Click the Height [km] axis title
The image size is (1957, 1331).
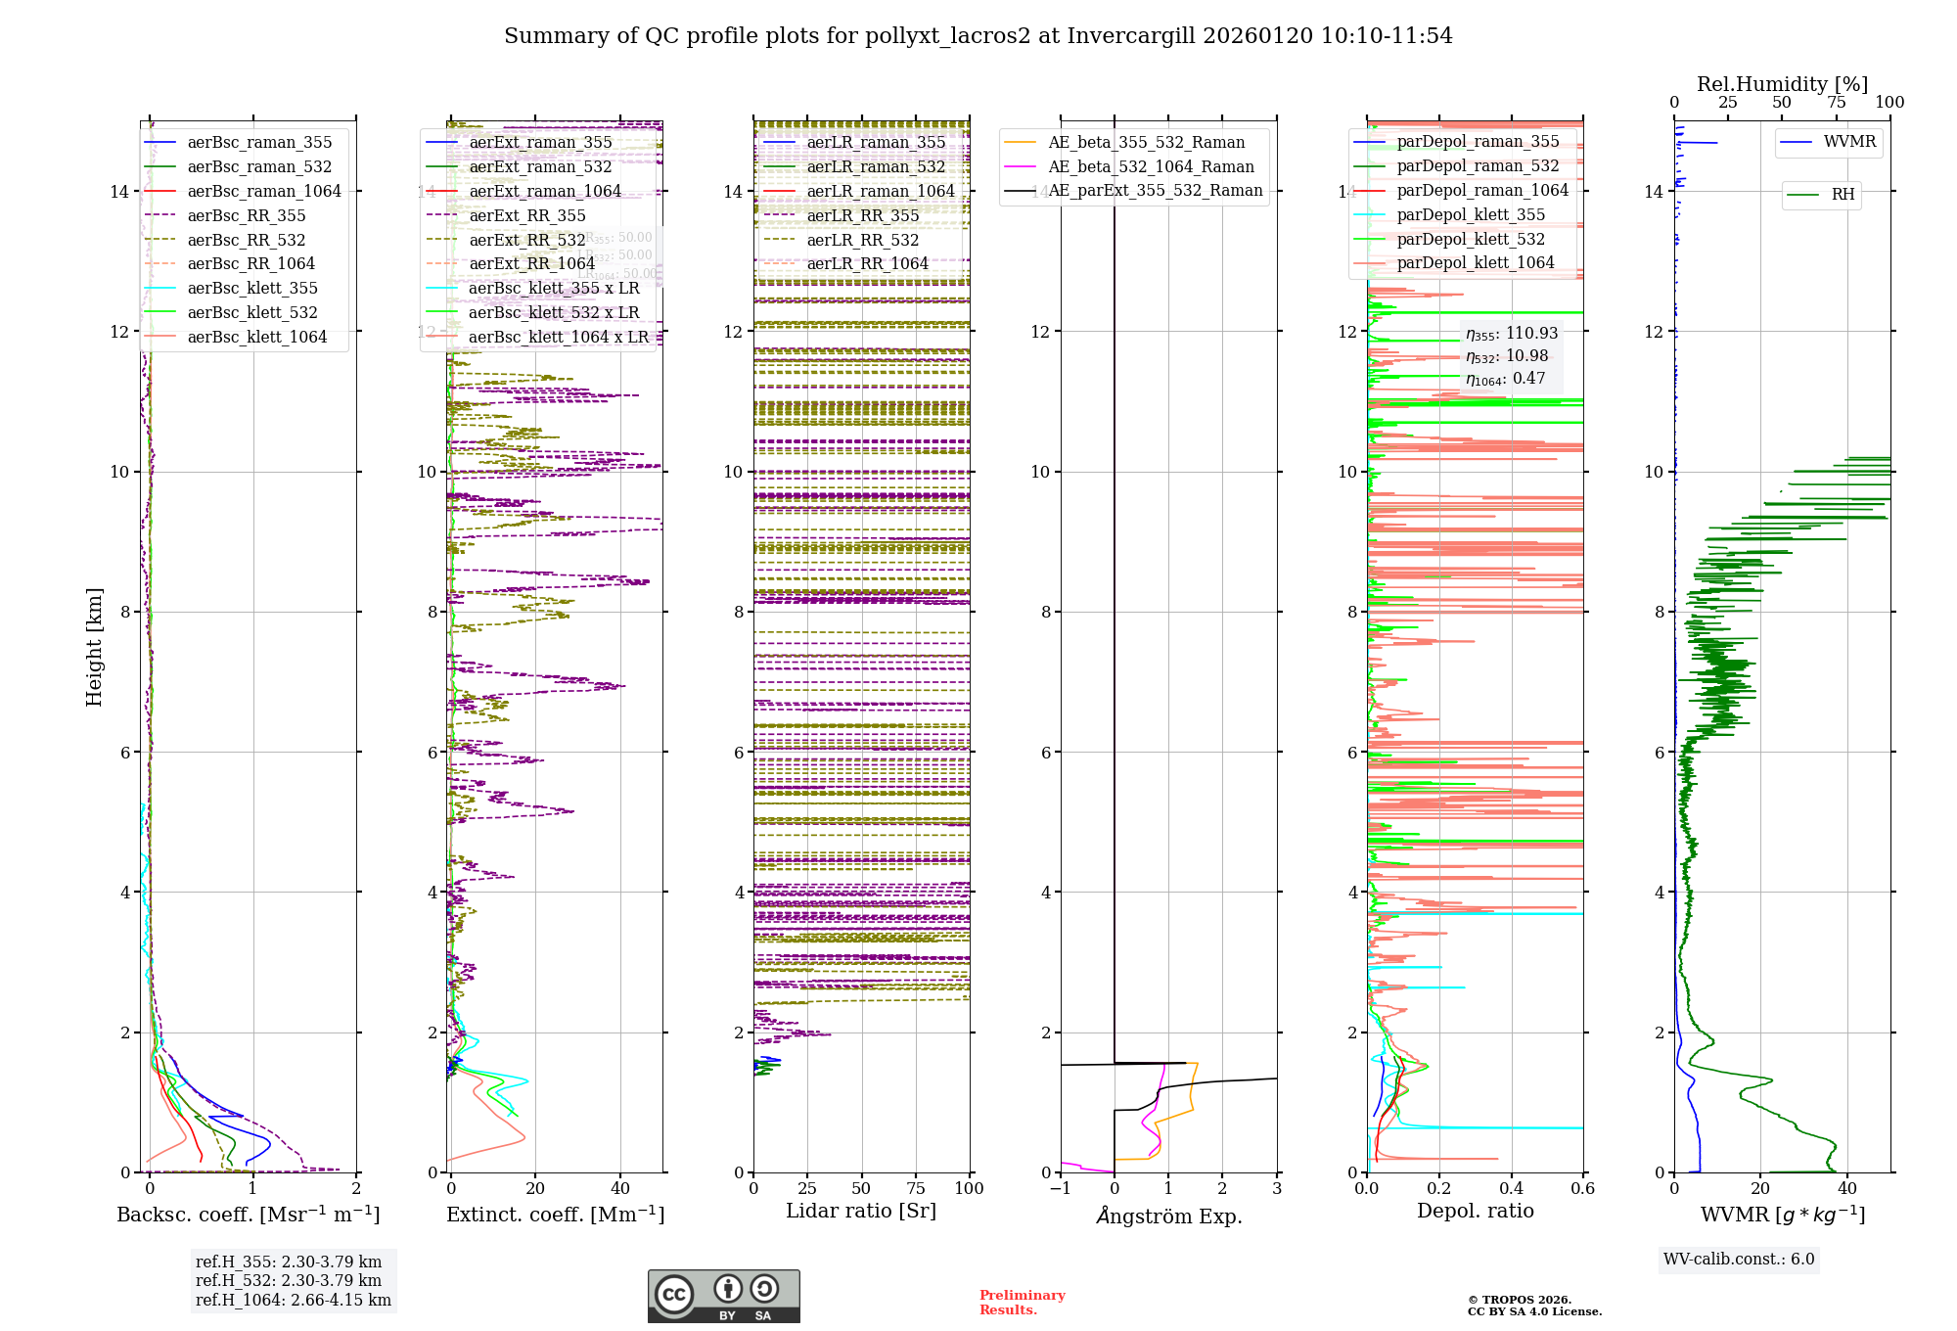[94, 647]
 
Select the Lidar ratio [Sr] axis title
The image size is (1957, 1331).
[861, 1211]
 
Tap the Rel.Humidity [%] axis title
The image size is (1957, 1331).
[1782, 84]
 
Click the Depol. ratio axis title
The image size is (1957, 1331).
[1475, 1211]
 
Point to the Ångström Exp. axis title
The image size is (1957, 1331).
[1168, 1216]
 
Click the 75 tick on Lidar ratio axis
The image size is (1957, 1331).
[916, 1189]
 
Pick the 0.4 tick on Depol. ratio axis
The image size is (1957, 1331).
[1511, 1189]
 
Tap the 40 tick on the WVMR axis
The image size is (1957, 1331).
[1846, 1189]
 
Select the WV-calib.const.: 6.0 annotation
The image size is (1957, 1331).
[1739, 1260]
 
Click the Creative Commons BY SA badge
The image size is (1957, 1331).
[723, 1297]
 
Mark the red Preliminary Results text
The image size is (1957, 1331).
[1022, 1303]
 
